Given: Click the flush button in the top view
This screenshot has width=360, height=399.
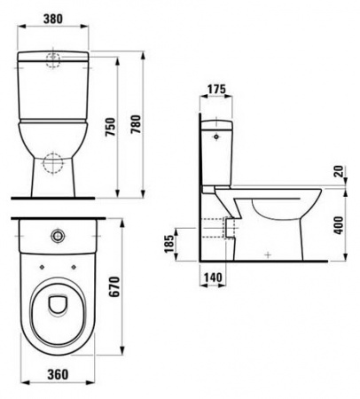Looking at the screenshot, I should (x=57, y=236).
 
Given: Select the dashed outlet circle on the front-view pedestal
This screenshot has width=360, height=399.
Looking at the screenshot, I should (x=56, y=164).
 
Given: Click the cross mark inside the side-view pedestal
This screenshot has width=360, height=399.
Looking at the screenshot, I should (x=268, y=254).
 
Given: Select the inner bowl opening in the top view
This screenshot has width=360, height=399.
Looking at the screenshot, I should (x=56, y=303).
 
